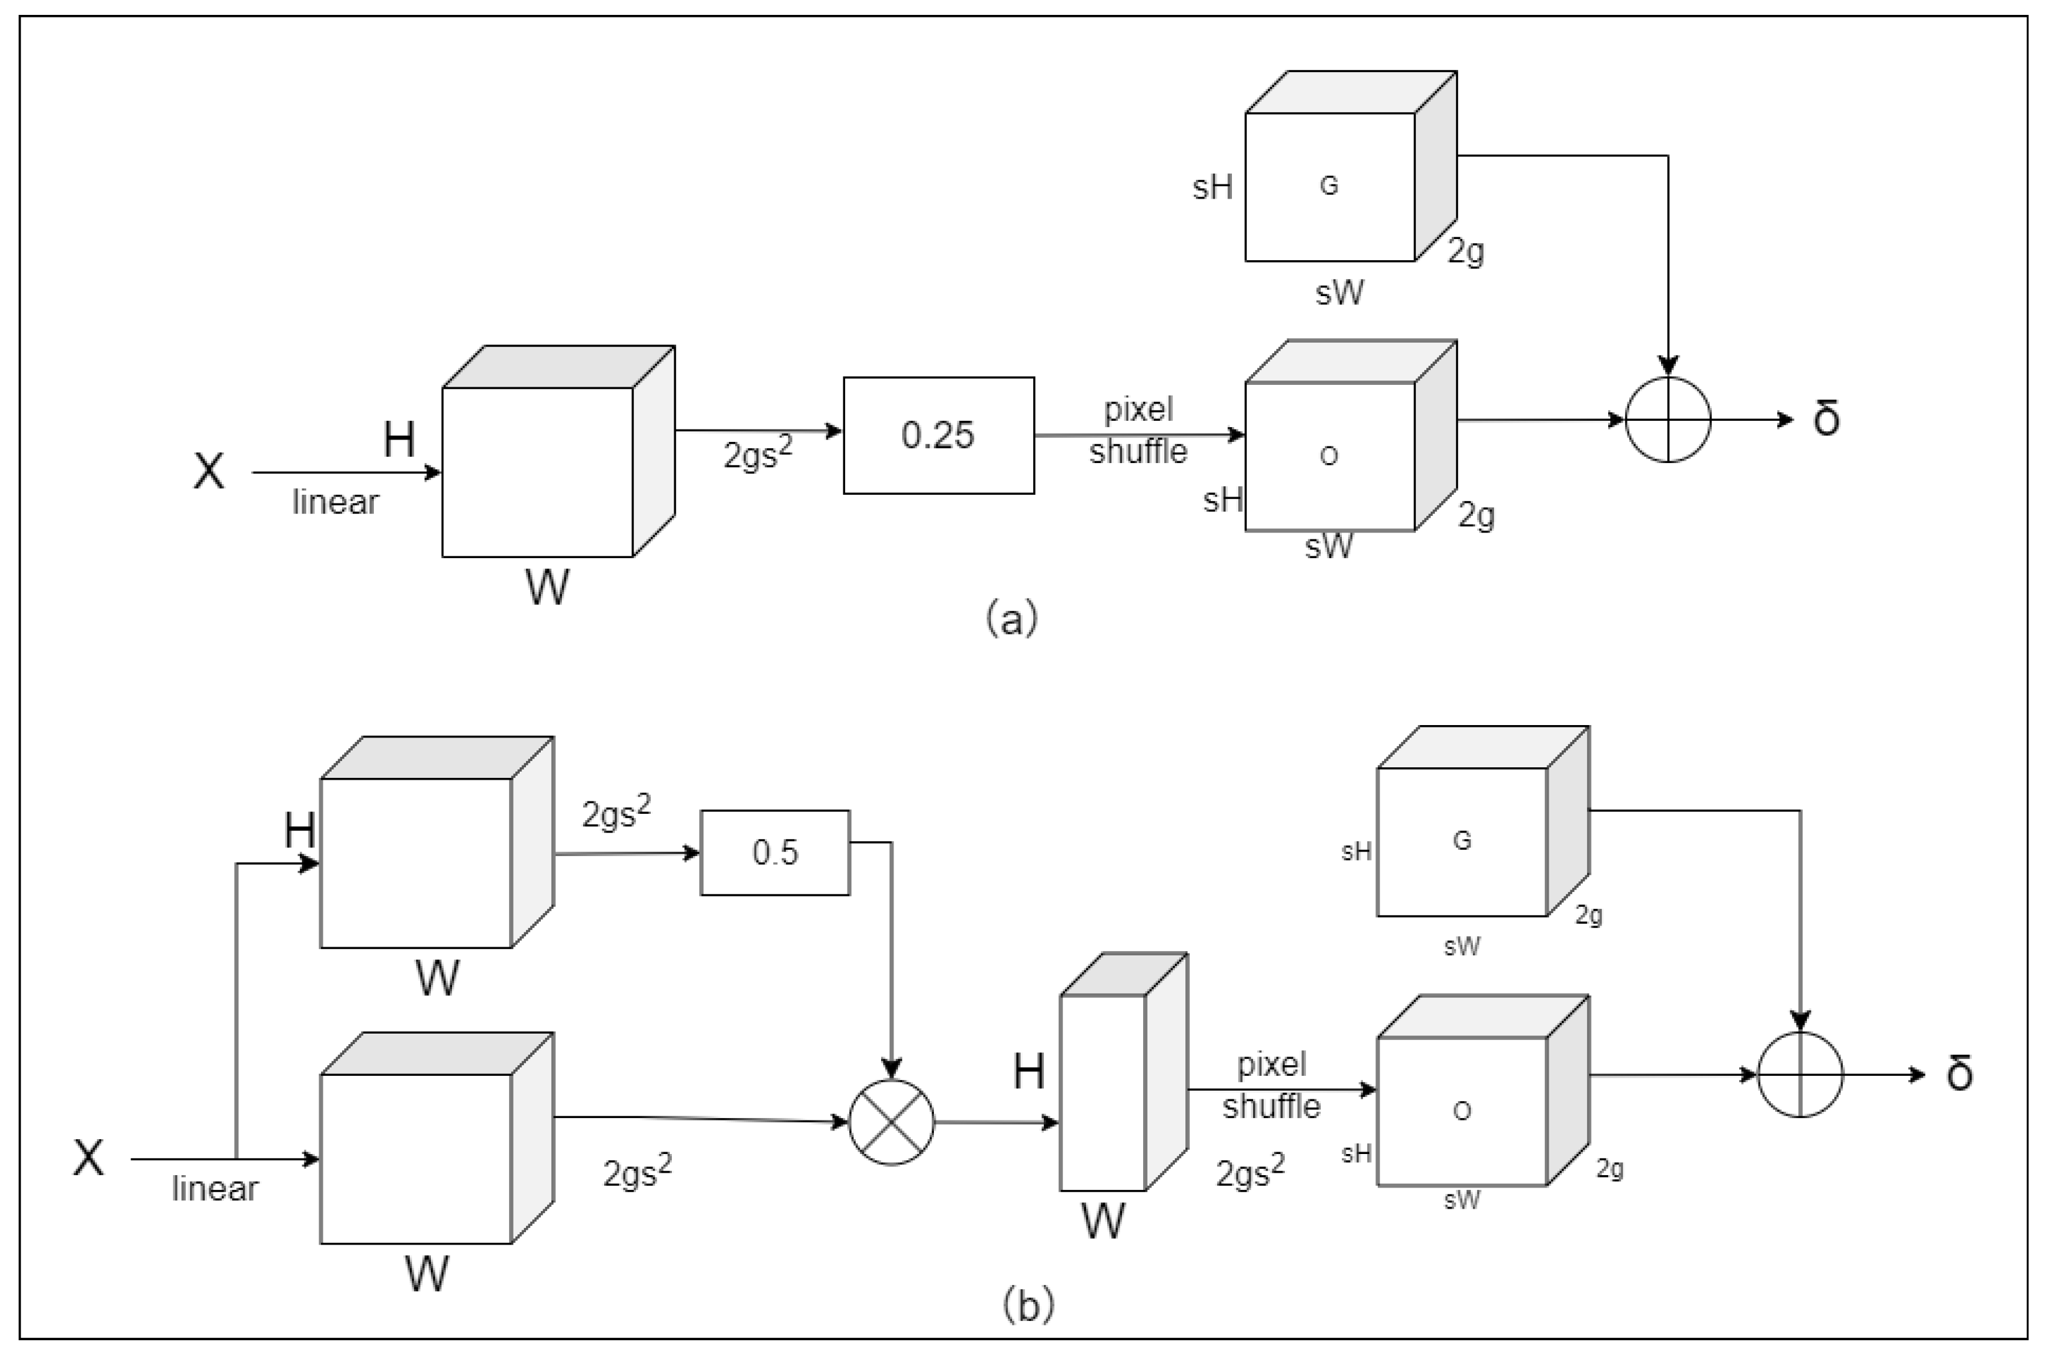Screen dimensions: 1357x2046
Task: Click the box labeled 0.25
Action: coord(938,435)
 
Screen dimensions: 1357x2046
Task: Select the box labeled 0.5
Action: coord(774,852)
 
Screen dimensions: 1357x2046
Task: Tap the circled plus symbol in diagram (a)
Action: coord(1668,420)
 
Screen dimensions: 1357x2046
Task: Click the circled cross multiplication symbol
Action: coord(892,1122)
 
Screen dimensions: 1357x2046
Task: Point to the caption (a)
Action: coord(1011,620)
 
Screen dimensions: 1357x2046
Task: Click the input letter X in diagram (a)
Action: coord(209,472)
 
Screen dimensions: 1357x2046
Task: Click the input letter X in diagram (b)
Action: coord(88,1158)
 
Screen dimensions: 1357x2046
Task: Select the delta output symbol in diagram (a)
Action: coord(1826,420)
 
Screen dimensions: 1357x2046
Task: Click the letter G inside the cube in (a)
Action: coord(1329,185)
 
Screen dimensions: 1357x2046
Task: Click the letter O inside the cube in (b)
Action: coord(1462,1111)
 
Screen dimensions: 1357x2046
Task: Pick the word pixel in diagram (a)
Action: coord(1138,408)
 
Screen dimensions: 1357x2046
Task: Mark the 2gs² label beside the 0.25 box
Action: coord(758,454)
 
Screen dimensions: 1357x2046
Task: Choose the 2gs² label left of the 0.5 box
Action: coord(615,813)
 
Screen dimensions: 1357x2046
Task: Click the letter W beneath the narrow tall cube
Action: coord(1103,1222)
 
